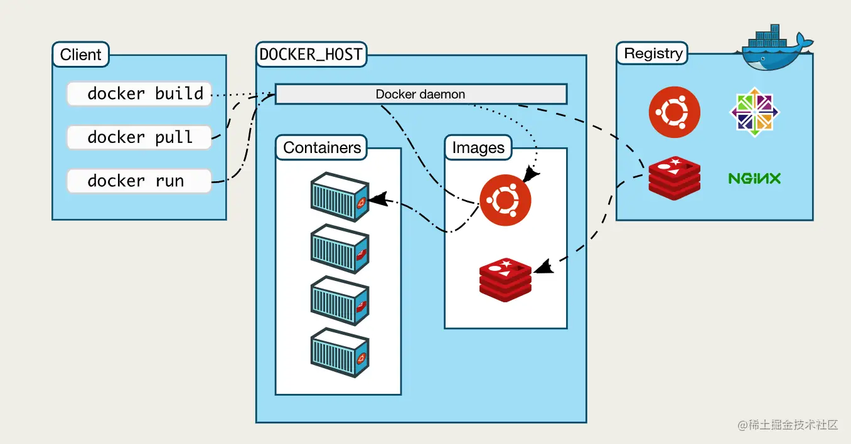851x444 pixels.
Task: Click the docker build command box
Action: [x=139, y=94]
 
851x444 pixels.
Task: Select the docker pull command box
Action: [x=139, y=137]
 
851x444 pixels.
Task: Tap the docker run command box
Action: [x=139, y=181]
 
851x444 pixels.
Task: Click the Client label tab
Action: [x=80, y=55]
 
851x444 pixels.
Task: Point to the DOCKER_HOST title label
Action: [x=311, y=54]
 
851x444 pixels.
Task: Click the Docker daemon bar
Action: [x=420, y=95]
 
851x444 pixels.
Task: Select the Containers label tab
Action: [x=322, y=148]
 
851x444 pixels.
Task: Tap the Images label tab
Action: [x=478, y=148]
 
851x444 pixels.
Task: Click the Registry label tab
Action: [x=653, y=53]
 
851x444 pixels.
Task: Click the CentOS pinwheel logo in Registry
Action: [x=754, y=112]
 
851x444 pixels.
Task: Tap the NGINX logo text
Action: [x=754, y=179]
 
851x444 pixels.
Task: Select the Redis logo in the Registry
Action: [x=674, y=178]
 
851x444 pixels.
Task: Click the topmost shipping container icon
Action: [x=340, y=197]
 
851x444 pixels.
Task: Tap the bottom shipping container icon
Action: [x=340, y=355]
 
